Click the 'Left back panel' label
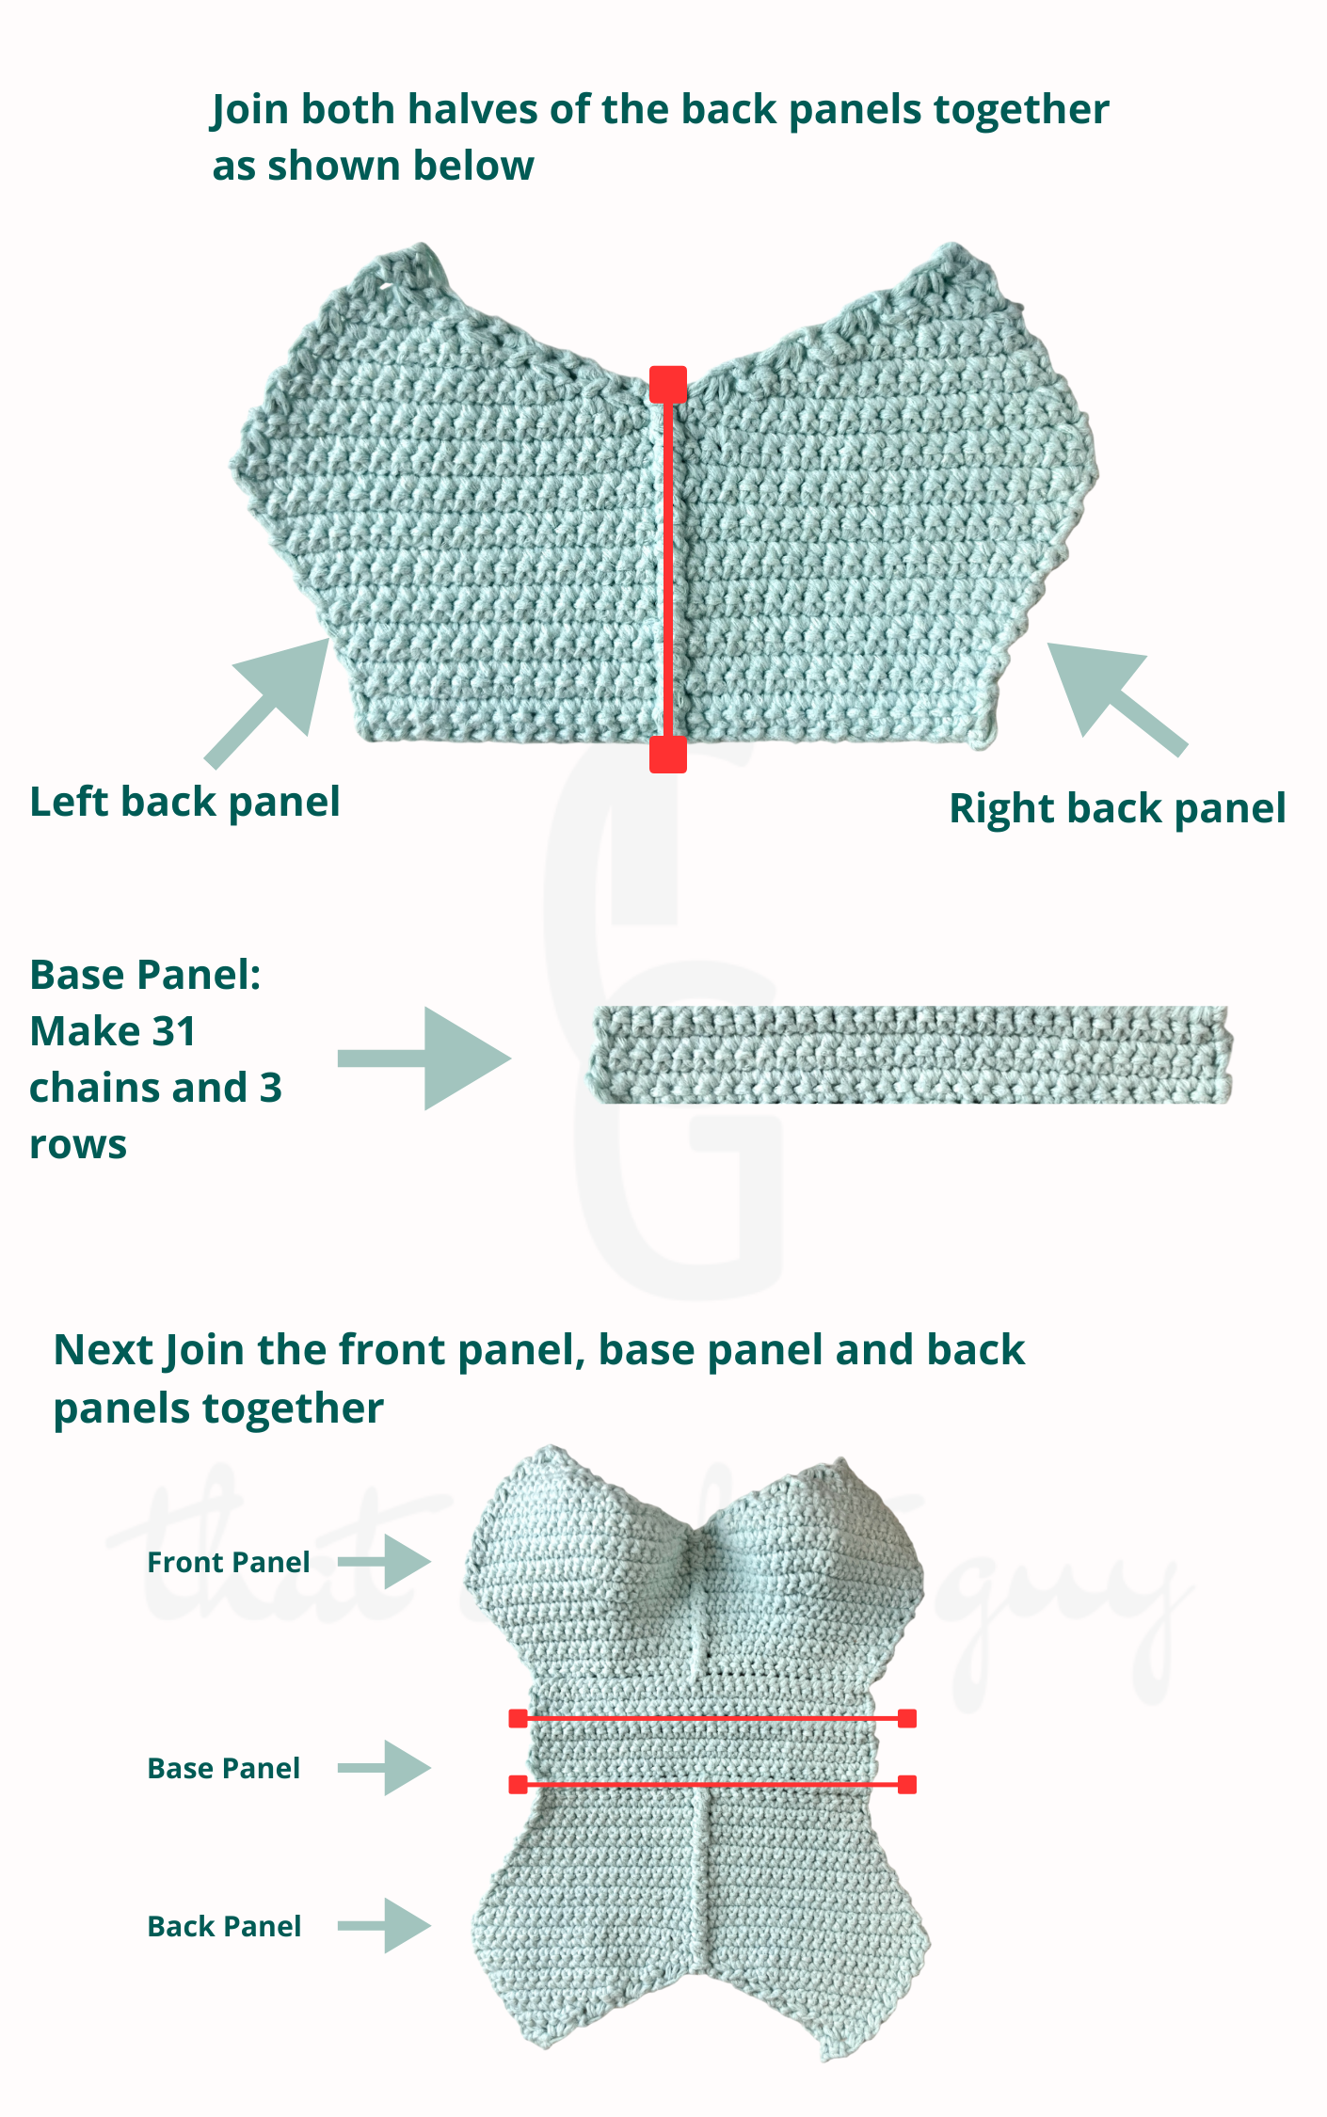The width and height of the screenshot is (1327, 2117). click(x=184, y=803)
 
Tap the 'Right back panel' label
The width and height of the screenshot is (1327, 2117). click(x=1117, y=809)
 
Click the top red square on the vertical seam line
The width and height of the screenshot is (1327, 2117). click(x=668, y=385)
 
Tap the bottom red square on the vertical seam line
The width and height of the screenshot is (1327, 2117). click(x=668, y=754)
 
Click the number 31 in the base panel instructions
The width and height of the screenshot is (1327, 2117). click(x=173, y=1032)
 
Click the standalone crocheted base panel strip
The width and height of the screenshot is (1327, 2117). click(x=911, y=1055)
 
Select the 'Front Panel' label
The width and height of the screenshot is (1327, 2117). click(x=229, y=1563)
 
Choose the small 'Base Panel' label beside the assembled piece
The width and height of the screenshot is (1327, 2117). click(x=224, y=1769)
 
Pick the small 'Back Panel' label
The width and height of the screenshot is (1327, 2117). click(x=224, y=1927)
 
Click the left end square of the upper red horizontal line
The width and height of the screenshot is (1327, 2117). click(x=518, y=1719)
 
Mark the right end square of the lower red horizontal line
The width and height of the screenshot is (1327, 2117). click(x=907, y=1785)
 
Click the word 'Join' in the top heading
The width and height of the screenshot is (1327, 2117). click(x=250, y=111)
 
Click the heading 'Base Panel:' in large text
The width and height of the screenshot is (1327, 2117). click(x=145, y=976)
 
